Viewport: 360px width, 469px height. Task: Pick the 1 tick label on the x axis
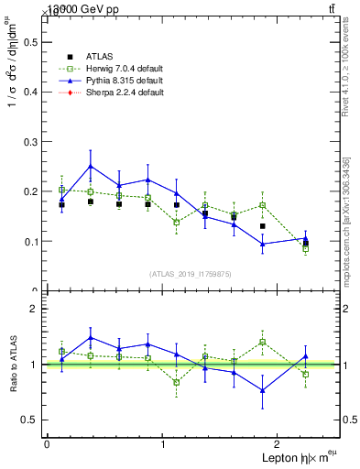(163, 444)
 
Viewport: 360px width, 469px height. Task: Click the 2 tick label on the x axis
(279, 444)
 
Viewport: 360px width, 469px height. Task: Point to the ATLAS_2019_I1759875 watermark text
(191, 273)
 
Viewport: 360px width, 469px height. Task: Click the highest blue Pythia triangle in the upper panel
(90, 167)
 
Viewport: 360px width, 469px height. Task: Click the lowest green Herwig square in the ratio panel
(177, 382)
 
